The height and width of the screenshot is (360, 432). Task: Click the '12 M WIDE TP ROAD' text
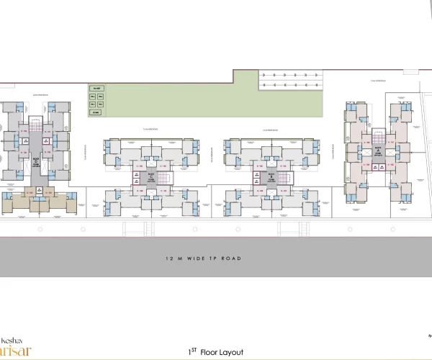(202, 258)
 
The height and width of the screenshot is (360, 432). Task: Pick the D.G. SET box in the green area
(94, 89)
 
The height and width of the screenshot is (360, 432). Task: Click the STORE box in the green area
(95, 113)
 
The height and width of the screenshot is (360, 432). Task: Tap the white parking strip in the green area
(288, 80)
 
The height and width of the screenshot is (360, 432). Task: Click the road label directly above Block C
(150, 130)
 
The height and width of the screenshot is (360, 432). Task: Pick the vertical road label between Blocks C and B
(211, 153)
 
